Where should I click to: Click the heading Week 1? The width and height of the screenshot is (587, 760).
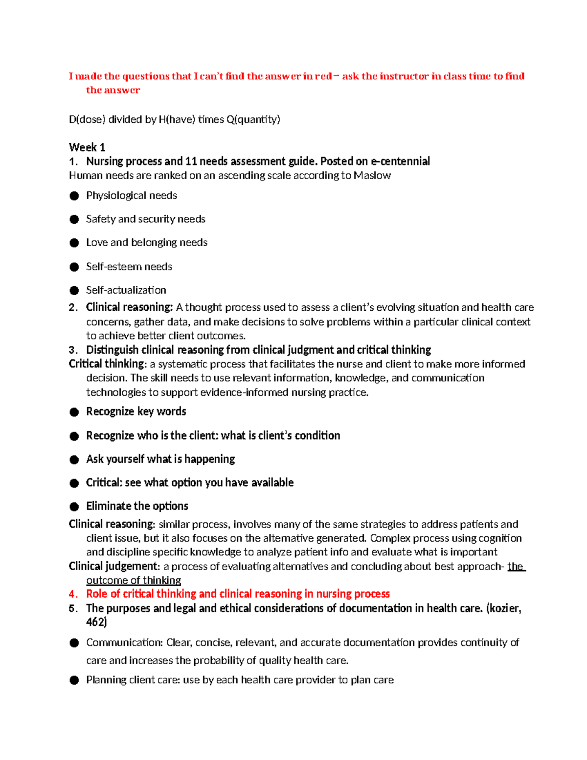coord(87,147)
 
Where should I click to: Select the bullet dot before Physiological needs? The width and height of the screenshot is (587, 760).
coord(74,196)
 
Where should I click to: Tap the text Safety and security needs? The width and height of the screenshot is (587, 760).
coord(145,219)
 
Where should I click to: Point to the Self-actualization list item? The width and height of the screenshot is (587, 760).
coord(126,290)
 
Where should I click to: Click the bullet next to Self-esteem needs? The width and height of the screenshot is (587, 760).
coord(74,267)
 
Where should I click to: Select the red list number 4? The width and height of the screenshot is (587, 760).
coord(73,594)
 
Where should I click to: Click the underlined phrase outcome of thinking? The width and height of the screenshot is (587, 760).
coord(134,580)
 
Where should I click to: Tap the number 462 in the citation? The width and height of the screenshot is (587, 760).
coord(95,622)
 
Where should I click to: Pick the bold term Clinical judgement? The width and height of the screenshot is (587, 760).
coord(113,566)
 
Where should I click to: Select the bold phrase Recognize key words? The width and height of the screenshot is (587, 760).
coord(136,412)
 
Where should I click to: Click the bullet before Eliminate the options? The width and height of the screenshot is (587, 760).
coord(74,507)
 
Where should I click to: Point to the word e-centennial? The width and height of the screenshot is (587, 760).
coord(401,161)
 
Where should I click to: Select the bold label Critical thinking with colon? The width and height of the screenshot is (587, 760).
coord(108,364)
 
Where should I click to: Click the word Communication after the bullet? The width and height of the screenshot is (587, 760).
coord(124,643)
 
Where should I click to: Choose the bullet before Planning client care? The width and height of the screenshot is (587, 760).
coord(74,680)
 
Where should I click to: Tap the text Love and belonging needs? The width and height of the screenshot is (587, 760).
coord(146,243)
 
